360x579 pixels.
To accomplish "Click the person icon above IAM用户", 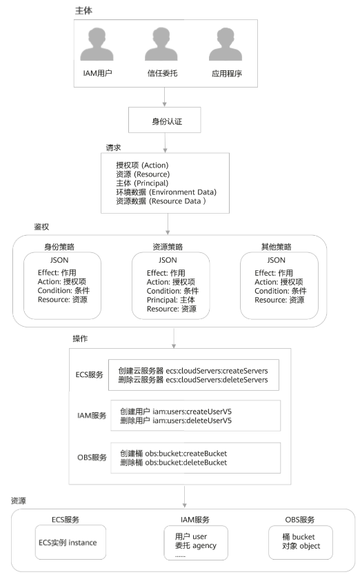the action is (x=97, y=44).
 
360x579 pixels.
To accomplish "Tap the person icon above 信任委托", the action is (x=161, y=44).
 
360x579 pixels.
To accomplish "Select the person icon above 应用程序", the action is (x=226, y=44).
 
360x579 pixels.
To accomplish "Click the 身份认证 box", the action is (x=164, y=120).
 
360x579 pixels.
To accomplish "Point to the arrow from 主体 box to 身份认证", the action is (x=164, y=97).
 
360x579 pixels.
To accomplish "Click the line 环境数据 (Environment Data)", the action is (x=166, y=192).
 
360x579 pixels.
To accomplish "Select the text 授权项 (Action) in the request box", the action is (x=142, y=165).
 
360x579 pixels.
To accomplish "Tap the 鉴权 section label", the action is (x=41, y=227).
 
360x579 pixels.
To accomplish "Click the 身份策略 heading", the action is (x=59, y=247).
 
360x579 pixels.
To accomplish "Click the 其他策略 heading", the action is (x=276, y=247).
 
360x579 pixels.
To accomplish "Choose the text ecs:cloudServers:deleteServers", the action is (x=217, y=380).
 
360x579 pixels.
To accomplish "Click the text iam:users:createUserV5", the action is (x=192, y=412).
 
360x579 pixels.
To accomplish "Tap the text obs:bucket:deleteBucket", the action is (x=186, y=463).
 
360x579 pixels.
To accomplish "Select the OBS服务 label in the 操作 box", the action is (x=92, y=458).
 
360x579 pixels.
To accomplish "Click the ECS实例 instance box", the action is (x=70, y=542).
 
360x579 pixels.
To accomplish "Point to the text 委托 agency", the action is (x=196, y=546).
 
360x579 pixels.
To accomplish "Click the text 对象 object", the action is (x=301, y=546).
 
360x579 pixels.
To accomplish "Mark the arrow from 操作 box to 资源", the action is (x=184, y=497).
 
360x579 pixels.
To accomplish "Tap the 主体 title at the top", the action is (x=83, y=11).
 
